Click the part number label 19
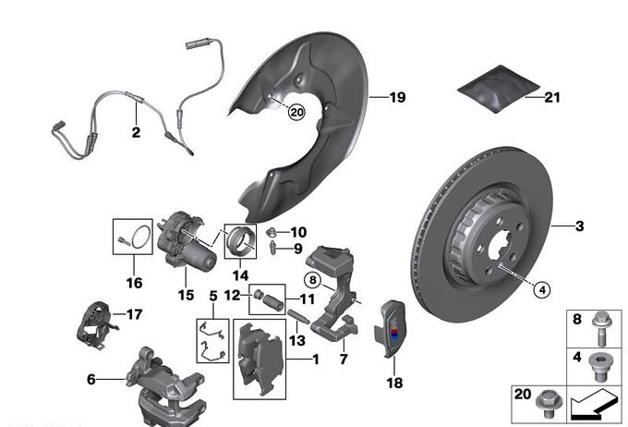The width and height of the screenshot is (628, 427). point(398,97)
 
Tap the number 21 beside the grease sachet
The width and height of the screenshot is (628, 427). point(552,96)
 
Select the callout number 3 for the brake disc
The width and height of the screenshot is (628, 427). point(581,226)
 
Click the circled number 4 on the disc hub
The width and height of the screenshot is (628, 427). point(542,289)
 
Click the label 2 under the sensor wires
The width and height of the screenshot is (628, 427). point(136,132)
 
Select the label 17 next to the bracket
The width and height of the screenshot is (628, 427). point(135,314)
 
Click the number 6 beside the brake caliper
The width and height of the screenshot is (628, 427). point(91,379)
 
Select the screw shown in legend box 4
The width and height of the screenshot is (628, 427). point(599,363)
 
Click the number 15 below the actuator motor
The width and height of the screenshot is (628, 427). point(186,295)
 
